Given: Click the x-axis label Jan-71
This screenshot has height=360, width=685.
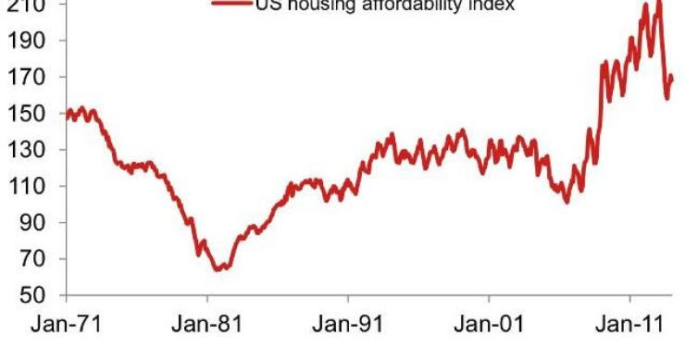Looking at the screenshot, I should pos(66,325).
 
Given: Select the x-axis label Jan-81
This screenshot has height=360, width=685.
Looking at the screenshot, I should pos(206,325).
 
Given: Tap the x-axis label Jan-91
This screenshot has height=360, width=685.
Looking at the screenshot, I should pos(347,325).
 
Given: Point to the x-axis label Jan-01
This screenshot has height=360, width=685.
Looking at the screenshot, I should pos(489,325).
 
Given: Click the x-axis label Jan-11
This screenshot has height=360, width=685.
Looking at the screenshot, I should pos(629,325).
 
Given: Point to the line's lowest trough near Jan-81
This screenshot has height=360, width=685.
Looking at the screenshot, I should pos(218,269).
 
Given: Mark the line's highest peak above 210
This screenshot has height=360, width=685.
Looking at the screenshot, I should pos(658,3).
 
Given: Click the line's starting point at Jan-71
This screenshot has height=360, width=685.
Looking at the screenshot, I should pos(67,115).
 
